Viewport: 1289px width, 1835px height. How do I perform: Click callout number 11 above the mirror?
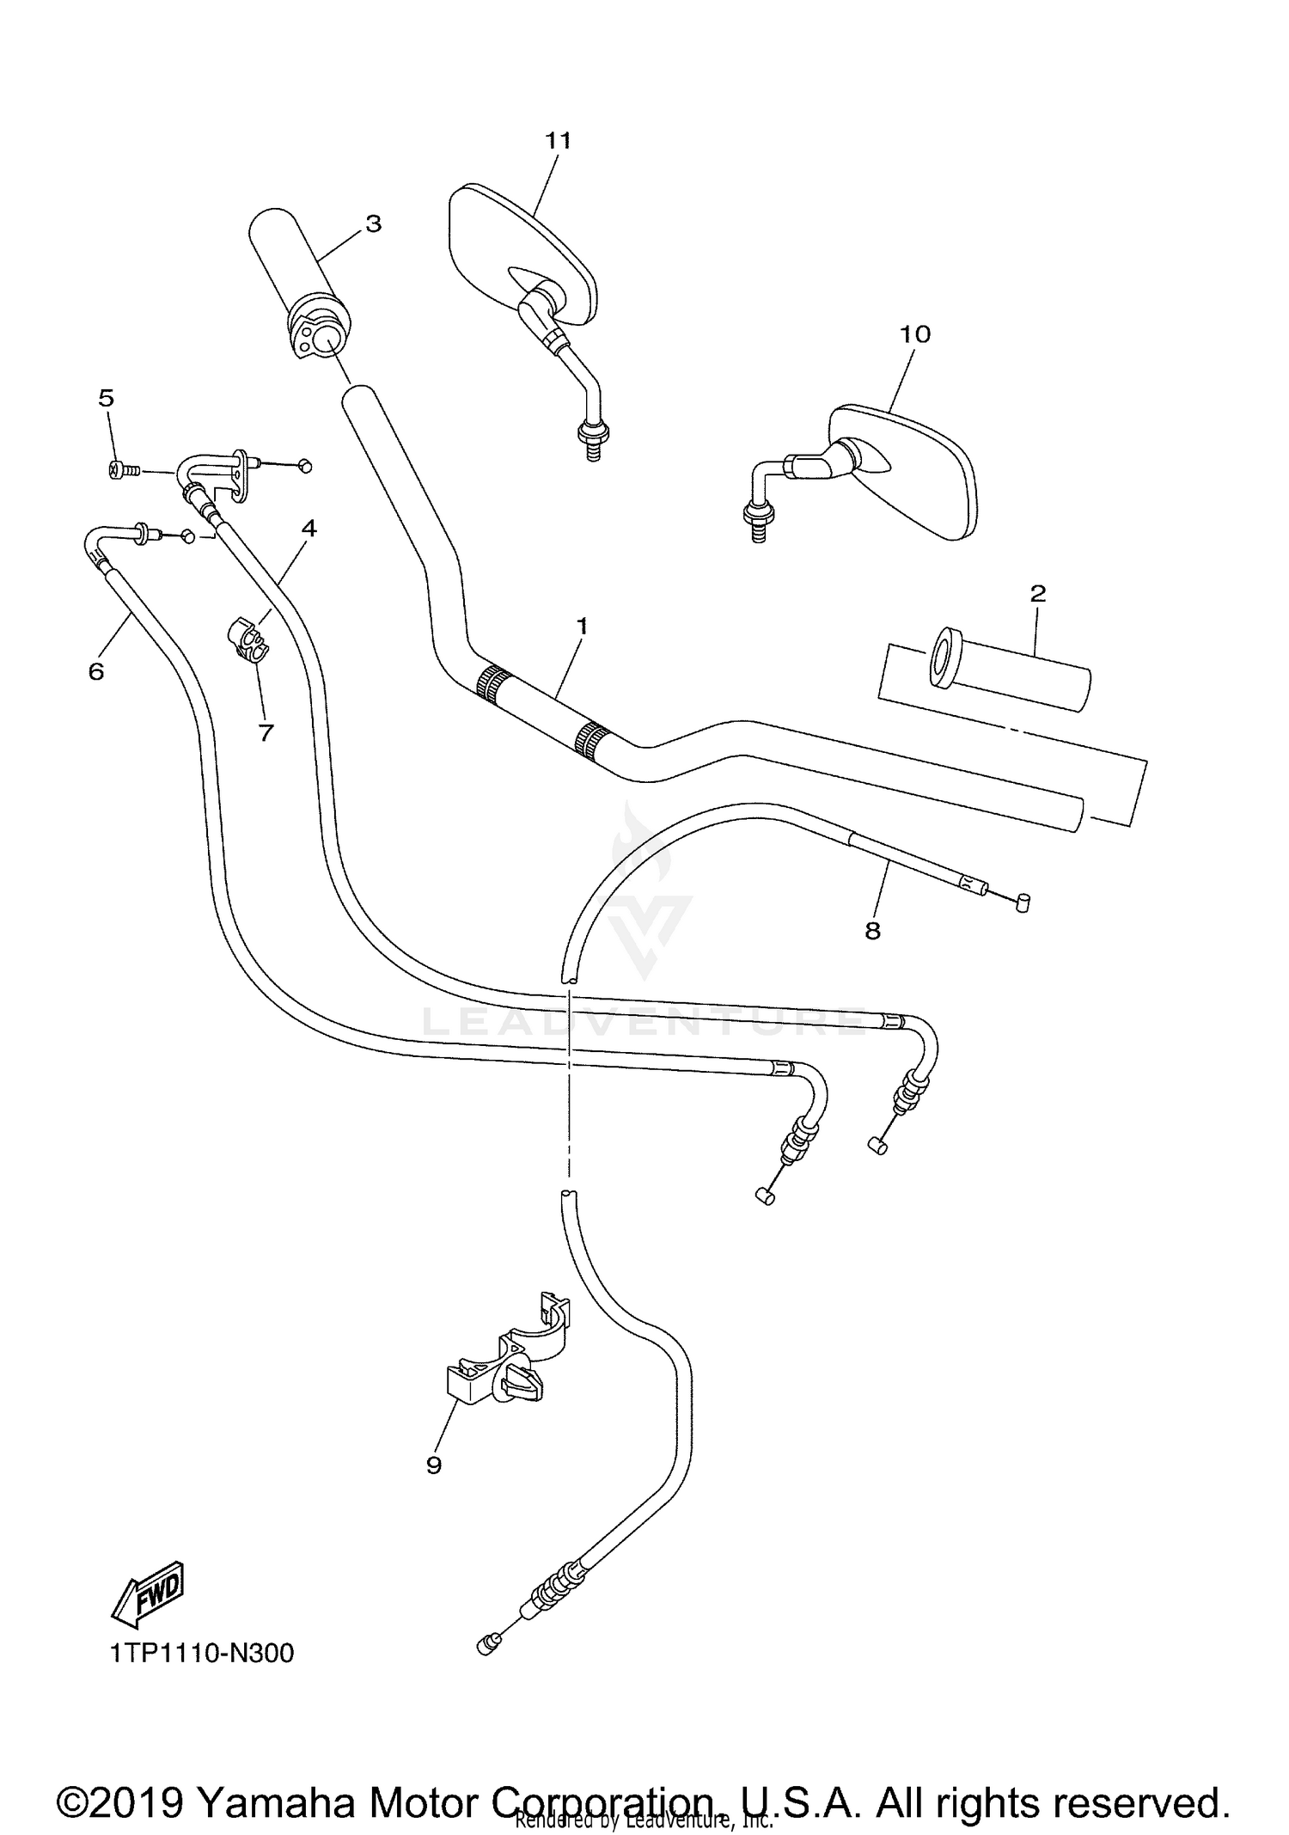click(558, 140)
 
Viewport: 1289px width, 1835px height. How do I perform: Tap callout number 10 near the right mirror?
click(915, 334)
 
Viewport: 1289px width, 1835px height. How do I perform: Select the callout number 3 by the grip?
click(373, 223)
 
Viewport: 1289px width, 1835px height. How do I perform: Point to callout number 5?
click(106, 398)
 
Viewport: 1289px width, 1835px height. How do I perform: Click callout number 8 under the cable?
click(872, 931)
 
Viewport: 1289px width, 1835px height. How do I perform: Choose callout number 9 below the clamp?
click(433, 1465)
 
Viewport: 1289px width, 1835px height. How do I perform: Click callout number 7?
click(266, 732)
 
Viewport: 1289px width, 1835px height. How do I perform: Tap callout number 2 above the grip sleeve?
click(1037, 593)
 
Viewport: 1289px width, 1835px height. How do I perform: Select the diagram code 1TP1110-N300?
click(202, 1653)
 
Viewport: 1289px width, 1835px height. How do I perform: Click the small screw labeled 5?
click(119, 469)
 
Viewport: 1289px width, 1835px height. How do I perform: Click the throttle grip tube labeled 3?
click(296, 275)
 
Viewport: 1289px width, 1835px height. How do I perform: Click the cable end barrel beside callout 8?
click(1022, 902)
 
